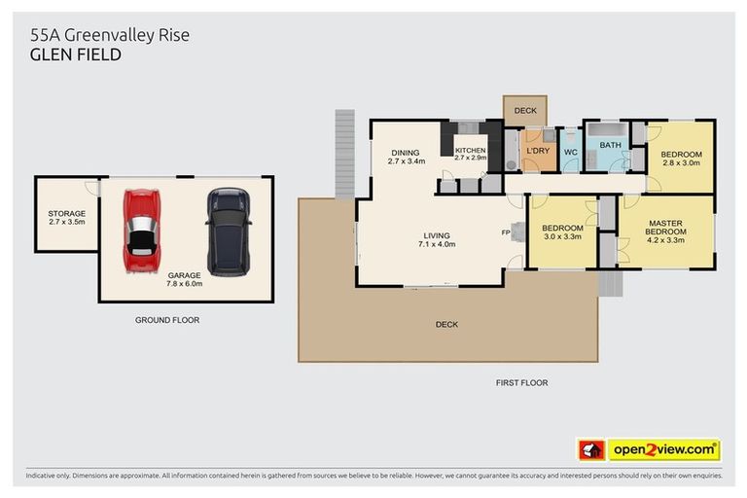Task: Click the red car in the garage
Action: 142,230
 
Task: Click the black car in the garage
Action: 228,231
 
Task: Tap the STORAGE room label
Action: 67,218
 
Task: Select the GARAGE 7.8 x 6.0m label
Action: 184,280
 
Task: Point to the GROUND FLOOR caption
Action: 167,319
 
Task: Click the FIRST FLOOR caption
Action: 521,382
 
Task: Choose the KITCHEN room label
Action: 470,154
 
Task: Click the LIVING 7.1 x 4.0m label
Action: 437,239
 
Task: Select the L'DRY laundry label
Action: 538,152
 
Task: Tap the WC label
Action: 571,153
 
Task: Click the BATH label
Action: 610,146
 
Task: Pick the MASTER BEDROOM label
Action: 666,229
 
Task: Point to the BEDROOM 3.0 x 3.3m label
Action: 561,231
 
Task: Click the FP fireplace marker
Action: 505,232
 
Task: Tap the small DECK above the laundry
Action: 525,111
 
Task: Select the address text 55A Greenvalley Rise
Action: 109,35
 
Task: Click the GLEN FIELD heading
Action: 75,55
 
